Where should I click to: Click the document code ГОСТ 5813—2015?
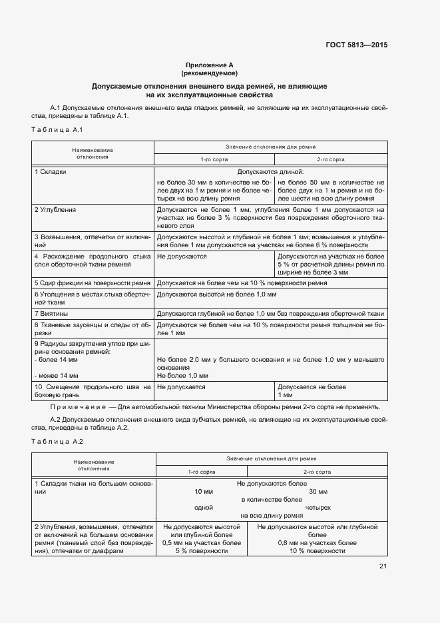click(356, 45)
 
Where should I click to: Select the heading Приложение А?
click(209, 65)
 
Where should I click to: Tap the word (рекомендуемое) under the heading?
click(209, 73)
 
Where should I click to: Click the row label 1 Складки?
click(51, 172)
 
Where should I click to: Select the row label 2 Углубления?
click(55, 210)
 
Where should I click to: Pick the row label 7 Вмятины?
click(51, 313)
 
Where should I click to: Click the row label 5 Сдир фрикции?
click(93, 283)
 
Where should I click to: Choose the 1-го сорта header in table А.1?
click(214, 160)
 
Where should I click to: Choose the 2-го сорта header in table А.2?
click(318, 472)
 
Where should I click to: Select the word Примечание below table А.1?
click(79, 406)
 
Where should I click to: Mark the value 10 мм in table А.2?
click(203, 491)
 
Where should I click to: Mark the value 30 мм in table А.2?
click(318, 491)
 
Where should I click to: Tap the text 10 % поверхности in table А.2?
click(318, 551)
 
